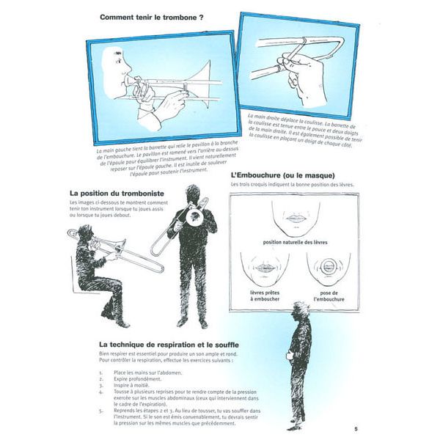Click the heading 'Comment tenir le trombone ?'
click(151, 17)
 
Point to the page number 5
click(356, 429)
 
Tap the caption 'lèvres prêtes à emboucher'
click(263, 295)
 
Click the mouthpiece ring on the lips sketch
click(327, 267)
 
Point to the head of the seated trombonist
click(85, 233)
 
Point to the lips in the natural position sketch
click(296, 218)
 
